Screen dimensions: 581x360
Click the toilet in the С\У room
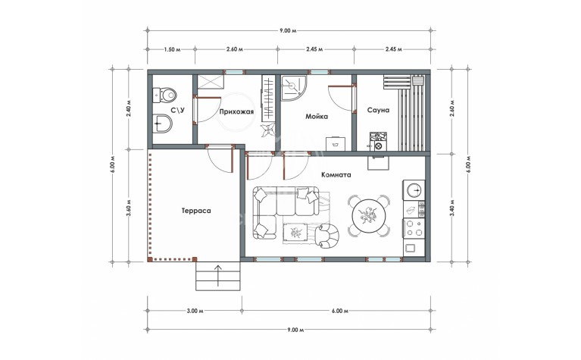click(165, 95)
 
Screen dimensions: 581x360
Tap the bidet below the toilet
click(163, 123)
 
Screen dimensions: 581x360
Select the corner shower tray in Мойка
click(293, 88)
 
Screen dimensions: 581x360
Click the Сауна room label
click(378, 110)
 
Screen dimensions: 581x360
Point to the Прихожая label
click(236, 111)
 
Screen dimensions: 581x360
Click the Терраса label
click(196, 211)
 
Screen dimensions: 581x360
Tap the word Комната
click(336, 174)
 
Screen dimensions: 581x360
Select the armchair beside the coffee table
click(327, 236)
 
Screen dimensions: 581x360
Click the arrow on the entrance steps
click(218, 275)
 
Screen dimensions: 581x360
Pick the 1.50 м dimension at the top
click(172, 50)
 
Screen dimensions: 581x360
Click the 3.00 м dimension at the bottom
click(195, 311)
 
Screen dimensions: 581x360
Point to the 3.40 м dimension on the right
click(452, 208)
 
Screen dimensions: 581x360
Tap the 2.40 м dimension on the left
click(129, 108)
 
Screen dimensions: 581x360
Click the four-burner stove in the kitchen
click(414, 228)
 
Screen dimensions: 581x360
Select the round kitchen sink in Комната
click(414, 190)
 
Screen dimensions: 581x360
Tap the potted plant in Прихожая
click(267, 130)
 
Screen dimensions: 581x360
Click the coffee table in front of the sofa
click(295, 233)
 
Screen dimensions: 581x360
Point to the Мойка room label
click(317, 117)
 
